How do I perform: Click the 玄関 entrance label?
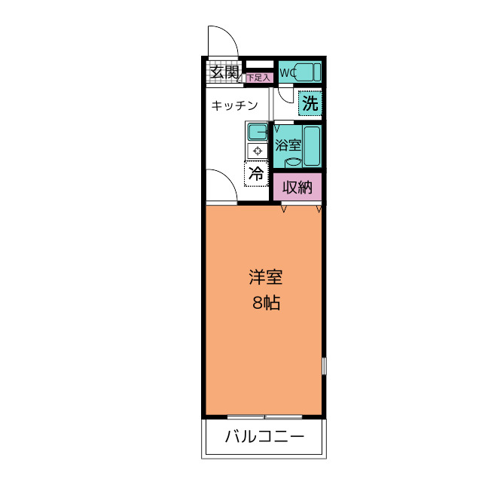[x=224, y=72]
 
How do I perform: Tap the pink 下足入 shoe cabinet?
[x=259, y=78]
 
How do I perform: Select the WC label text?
[x=288, y=73]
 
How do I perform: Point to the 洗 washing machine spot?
[x=310, y=103]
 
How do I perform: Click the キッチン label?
[x=234, y=105]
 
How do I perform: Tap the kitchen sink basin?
[x=258, y=132]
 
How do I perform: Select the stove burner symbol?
[x=258, y=151]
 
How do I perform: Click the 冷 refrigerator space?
[x=256, y=174]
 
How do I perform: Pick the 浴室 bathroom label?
[x=288, y=145]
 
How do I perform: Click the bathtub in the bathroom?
[x=313, y=146]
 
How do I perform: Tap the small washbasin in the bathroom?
[x=293, y=163]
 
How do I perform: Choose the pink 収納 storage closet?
[x=297, y=187]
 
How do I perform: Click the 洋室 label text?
[x=266, y=277]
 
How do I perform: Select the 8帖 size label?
[x=266, y=303]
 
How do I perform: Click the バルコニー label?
[x=264, y=436]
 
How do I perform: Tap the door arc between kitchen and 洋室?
[x=229, y=178]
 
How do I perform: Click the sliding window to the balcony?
[x=264, y=416]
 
